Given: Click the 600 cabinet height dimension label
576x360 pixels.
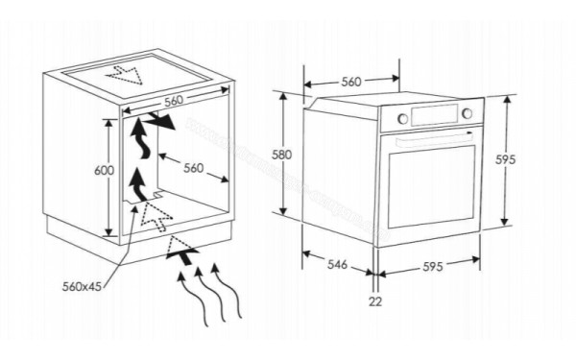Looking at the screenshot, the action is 105,171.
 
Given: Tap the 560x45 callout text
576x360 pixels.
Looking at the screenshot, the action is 82,286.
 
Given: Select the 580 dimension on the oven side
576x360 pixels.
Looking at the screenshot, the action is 281,155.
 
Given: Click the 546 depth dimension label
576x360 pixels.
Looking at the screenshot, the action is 337,264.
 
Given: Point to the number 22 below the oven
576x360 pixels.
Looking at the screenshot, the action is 375,301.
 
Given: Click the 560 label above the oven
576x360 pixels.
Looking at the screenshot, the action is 351,82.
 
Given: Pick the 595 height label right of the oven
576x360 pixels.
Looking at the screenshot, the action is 506,159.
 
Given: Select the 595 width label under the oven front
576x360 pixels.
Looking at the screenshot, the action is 433,267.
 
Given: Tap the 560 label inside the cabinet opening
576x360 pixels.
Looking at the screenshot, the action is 193,168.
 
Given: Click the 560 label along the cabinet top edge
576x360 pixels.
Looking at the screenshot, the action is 174,101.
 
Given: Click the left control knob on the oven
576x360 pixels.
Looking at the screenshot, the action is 403,118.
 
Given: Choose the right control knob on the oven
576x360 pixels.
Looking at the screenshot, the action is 467,113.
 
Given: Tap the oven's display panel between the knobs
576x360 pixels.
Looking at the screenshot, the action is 435,115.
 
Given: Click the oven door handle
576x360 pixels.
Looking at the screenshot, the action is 435,141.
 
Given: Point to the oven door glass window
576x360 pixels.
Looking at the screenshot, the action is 431,186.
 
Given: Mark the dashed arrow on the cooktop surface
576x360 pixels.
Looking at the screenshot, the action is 125,75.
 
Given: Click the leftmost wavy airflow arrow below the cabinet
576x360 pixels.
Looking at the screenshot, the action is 193,298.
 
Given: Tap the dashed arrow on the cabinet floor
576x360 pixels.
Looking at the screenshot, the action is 156,217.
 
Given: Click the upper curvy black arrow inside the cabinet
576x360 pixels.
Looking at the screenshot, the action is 141,138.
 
